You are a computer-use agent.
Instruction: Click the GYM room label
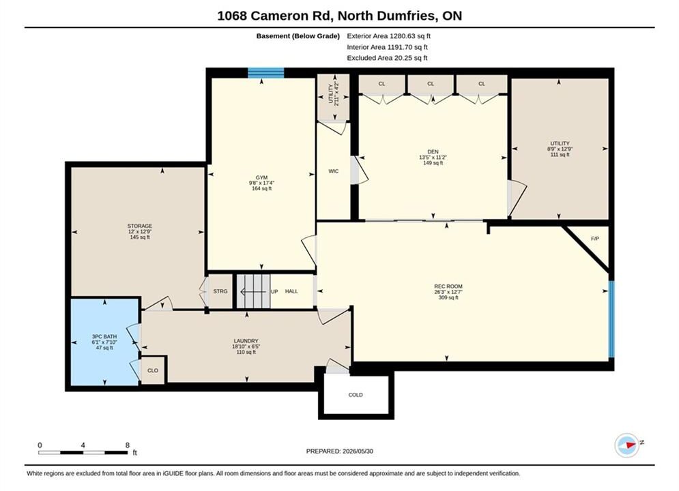pyautogui.click(x=261, y=177)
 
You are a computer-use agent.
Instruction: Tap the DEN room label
pyautogui.click(x=433, y=151)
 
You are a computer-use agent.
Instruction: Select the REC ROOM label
pyautogui.click(x=448, y=286)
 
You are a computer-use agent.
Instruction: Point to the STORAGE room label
pyautogui.click(x=140, y=226)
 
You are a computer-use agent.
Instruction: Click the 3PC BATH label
pyautogui.click(x=104, y=337)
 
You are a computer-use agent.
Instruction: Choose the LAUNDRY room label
pyautogui.click(x=246, y=341)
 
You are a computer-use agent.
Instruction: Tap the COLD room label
pyautogui.click(x=356, y=395)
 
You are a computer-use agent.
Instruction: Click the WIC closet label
pyautogui.click(x=334, y=171)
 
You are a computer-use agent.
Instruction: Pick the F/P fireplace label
pyautogui.click(x=595, y=239)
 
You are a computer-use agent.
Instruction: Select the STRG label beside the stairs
pyautogui.click(x=220, y=291)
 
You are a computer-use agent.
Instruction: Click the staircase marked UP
pyautogui.click(x=253, y=292)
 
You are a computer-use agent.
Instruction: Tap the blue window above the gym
pyautogui.click(x=266, y=73)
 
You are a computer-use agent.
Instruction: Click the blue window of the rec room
pyautogui.click(x=611, y=319)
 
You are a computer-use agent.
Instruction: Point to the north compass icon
pyautogui.click(x=627, y=445)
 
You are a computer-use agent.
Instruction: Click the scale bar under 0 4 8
pyautogui.click(x=83, y=453)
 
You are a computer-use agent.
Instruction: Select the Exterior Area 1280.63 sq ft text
pyautogui.click(x=388, y=36)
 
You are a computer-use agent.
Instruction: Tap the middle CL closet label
pyautogui.click(x=431, y=83)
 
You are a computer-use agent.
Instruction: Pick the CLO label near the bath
pyautogui.click(x=153, y=370)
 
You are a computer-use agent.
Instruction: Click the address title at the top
pyautogui.click(x=340, y=16)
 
